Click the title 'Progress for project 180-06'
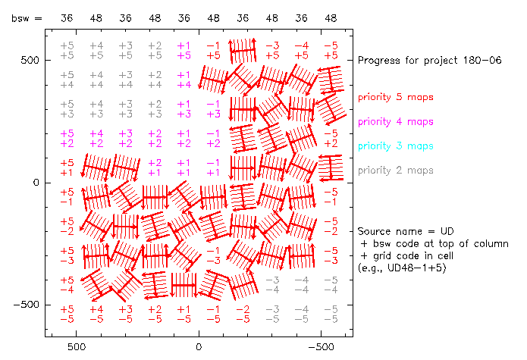tap(429, 61)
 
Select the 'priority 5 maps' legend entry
tap(396, 97)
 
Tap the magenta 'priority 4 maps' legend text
tap(396, 121)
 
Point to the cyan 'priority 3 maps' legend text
tap(396, 146)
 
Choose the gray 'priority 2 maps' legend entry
tap(396, 171)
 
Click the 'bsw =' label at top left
tap(27, 18)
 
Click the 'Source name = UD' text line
tap(406, 231)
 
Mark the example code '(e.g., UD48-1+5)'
tap(402, 268)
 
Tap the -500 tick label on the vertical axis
tap(27, 305)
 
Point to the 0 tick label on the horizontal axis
tap(199, 347)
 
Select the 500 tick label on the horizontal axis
tap(77, 347)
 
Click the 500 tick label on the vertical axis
tap(30, 61)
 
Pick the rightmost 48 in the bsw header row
tap(331, 18)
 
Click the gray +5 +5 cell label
tap(67, 50)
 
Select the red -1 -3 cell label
tap(213, 255)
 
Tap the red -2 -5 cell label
tap(243, 315)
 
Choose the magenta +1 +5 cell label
tap(184, 50)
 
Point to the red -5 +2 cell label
tap(331, 139)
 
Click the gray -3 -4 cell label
tap(272, 285)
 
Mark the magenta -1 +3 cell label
tap(213, 109)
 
